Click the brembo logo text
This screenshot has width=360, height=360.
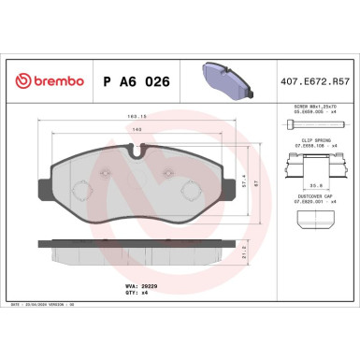pyautogui.click(x=44, y=82)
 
